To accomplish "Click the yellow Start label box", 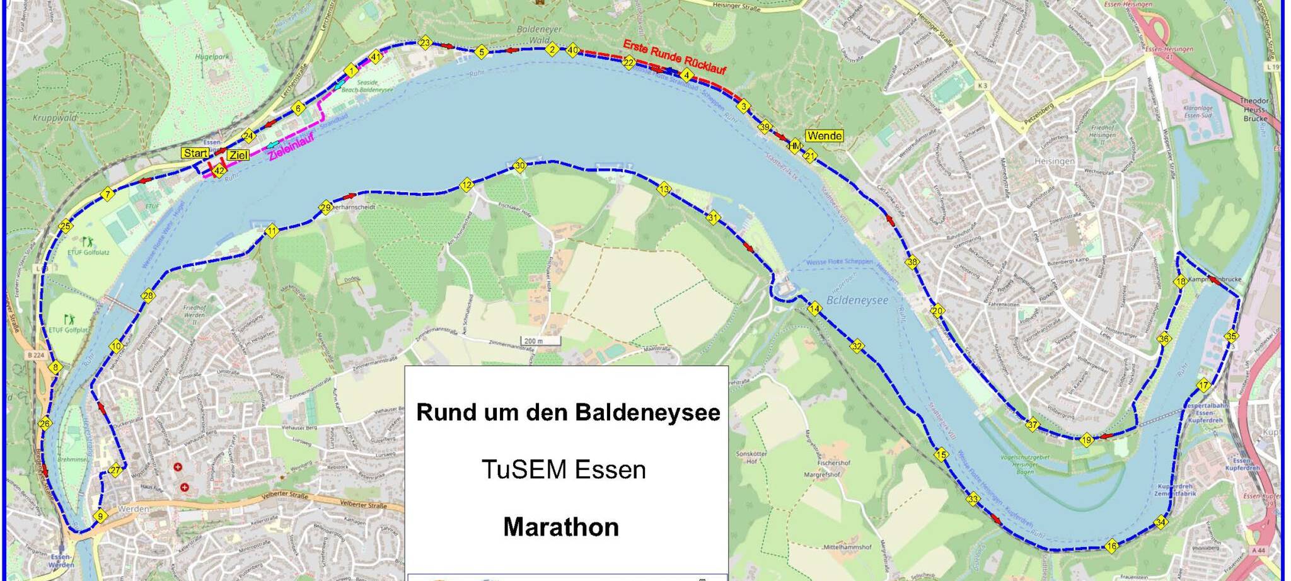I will pos(195,153).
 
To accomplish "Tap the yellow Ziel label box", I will pos(238,155).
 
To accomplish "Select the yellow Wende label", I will pos(824,136).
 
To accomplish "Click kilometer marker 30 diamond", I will pos(519,166).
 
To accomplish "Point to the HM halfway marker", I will pos(794,146).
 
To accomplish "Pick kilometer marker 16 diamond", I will pos(1111,546).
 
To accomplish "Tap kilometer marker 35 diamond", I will pos(1231,337).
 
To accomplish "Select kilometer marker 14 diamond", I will pos(814,309).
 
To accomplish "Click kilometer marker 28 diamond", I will pos(148,296).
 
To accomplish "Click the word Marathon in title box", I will pos(560,527).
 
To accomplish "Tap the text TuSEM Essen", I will pos(564,470).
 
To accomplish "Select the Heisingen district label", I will pos(1054,161).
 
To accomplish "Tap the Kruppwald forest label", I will pos(57,118).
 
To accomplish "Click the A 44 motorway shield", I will pos(1258,550).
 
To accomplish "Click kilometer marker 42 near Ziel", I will pos(219,171).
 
